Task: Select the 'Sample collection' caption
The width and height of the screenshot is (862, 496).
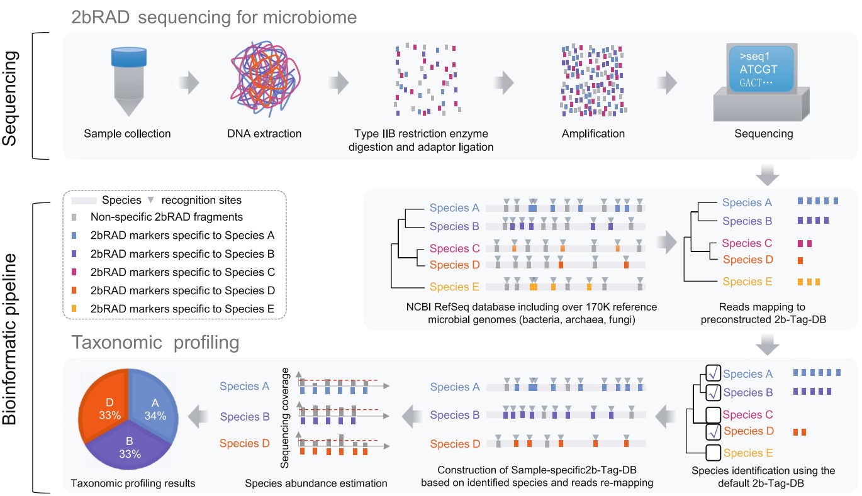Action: point(128,134)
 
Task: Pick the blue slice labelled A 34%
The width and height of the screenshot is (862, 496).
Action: point(155,409)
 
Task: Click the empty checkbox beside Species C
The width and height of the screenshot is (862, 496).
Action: point(714,416)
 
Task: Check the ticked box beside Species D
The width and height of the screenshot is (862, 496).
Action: point(714,433)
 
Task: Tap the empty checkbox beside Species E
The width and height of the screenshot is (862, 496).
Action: point(714,453)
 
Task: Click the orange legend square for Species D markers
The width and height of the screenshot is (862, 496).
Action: point(76,290)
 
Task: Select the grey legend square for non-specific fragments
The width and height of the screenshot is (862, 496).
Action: point(76,218)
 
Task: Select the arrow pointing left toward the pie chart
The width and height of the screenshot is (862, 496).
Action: point(200,415)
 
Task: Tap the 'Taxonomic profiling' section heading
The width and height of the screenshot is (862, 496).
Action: point(155,343)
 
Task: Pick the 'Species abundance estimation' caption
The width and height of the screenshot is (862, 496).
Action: point(316,483)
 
